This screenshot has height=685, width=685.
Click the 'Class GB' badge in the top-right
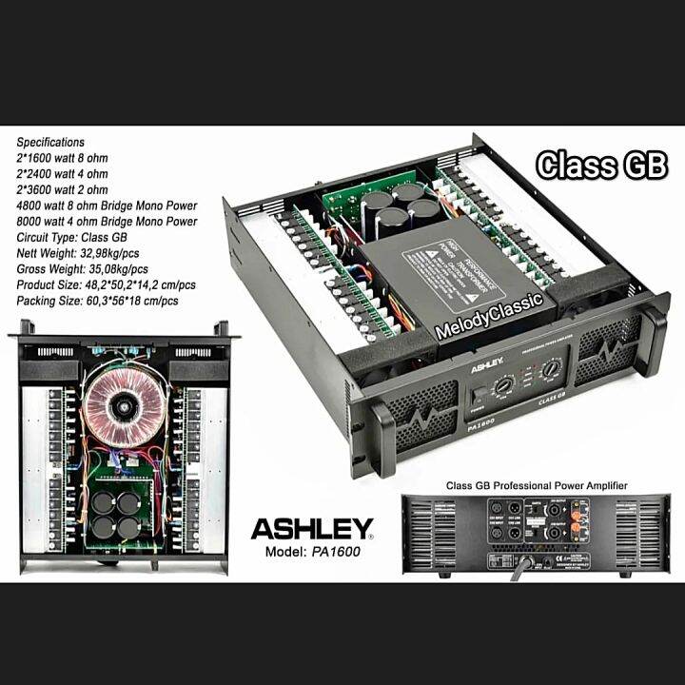[x=600, y=165]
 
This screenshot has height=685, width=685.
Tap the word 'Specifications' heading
[x=50, y=142]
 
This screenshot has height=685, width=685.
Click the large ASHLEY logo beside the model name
[x=312, y=526]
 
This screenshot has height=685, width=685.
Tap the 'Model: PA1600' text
[x=312, y=551]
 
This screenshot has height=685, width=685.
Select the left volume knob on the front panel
[x=506, y=382]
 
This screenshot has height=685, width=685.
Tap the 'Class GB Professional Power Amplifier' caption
[x=537, y=486]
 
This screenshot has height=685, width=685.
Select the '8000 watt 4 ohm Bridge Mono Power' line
[x=108, y=222]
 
